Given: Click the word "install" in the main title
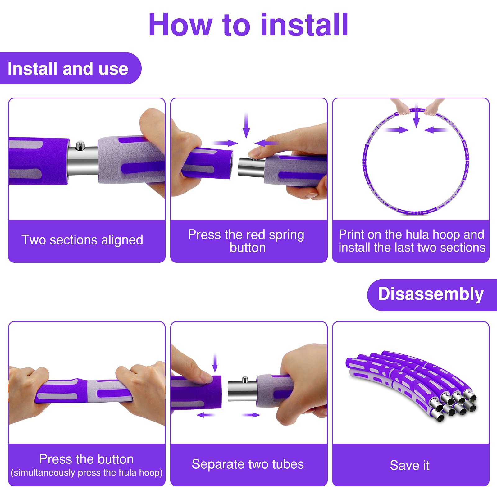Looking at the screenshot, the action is coord(304,25).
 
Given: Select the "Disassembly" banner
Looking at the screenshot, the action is coord(432,294).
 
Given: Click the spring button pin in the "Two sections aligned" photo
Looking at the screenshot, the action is coord(80,145).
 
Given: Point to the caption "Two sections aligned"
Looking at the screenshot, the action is coord(82,240).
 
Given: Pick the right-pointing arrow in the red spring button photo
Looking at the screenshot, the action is coord(225,143).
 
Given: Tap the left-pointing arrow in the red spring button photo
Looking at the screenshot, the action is coord(266,143).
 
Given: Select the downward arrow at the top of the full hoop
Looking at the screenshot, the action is coord(416,116).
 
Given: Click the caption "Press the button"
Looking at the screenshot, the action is coord(86,459).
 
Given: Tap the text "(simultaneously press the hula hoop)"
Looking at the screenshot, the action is coord(87,473).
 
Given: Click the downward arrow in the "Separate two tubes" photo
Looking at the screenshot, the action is coord(215,362).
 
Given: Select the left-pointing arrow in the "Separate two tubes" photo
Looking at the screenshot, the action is coord(205,415).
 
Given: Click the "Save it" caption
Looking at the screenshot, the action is coord(410,465).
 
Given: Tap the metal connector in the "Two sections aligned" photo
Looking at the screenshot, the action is coord(83,161).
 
